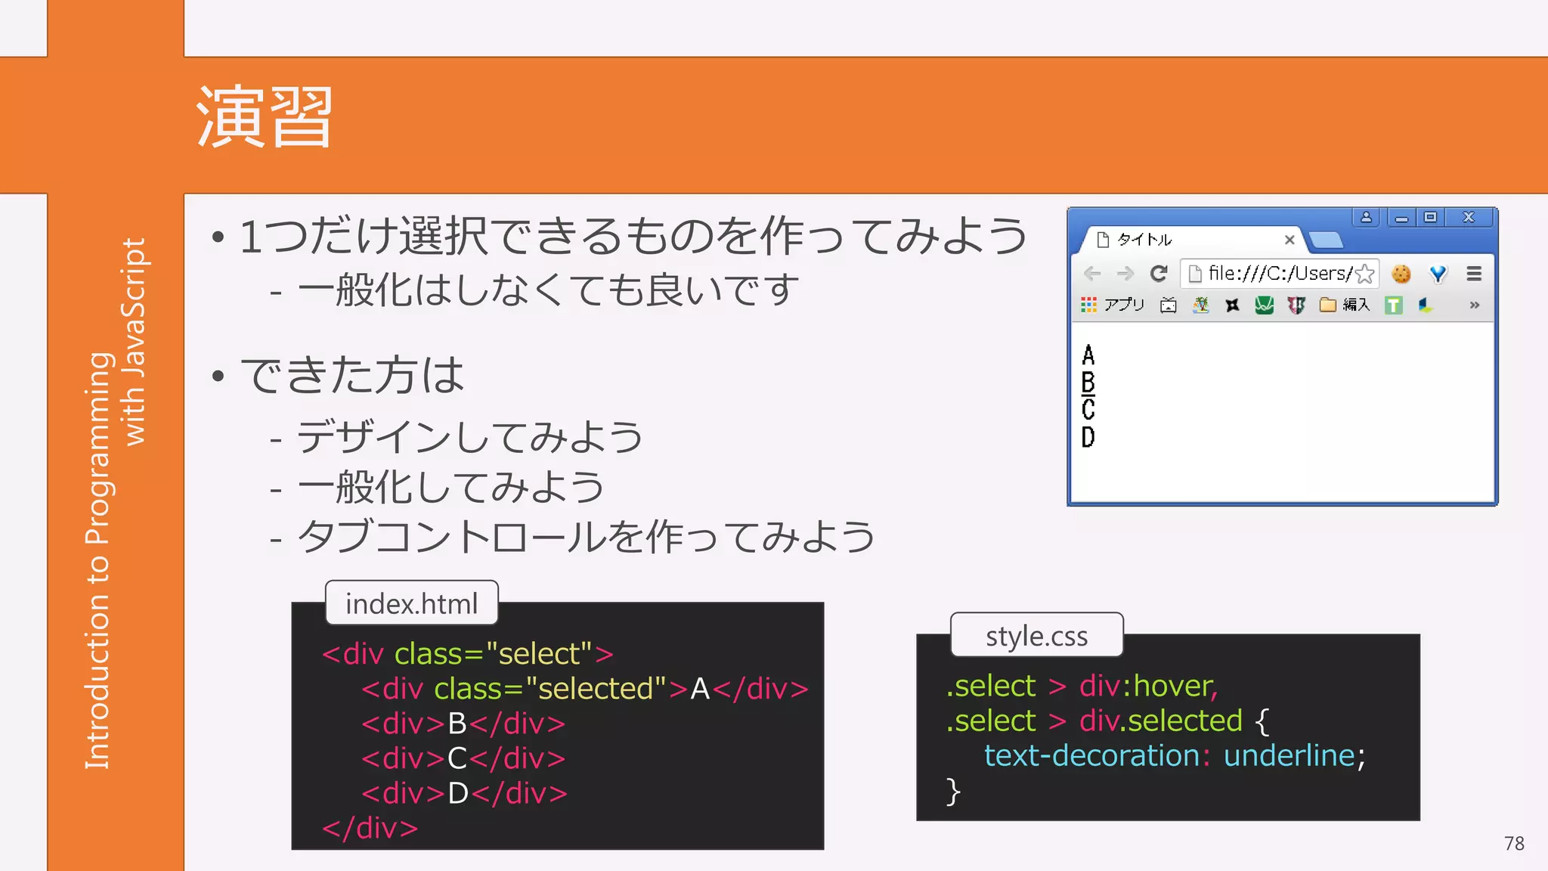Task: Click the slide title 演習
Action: [x=265, y=117]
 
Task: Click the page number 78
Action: [x=1514, y=844]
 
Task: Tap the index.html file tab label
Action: [x=411, y=603]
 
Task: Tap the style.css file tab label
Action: [x=1036, y=636]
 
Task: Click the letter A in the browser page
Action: [x=1088, y=355]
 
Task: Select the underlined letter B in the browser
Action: [x=1088, y=382]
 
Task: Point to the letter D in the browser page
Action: [x=1088, y=437]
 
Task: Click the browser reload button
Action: [x=1159, y=273]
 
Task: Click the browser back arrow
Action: [x=1092, y=273]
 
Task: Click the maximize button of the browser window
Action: [x=1430, y=218]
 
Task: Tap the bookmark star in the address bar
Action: [x=1365, y=273]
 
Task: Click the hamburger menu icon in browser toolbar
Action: [x=1474, y=273]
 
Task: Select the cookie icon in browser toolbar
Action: [x=1401, y=273]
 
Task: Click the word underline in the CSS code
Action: [x=1289, y=755]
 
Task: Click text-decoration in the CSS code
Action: [x=1091, y=755]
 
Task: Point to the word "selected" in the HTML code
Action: [x=596, y=689]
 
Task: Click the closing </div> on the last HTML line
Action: [x=370, y=828]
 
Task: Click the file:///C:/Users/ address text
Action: [x=1279, y=273]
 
